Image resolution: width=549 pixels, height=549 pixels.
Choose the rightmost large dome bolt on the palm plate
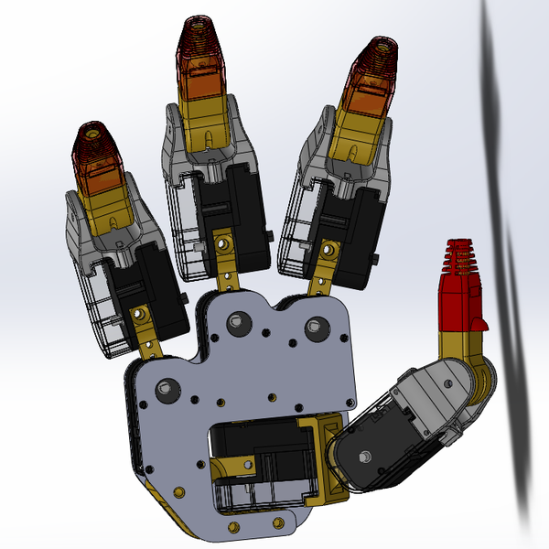[318, 326]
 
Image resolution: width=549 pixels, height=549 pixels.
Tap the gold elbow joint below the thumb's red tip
[462, 353]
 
